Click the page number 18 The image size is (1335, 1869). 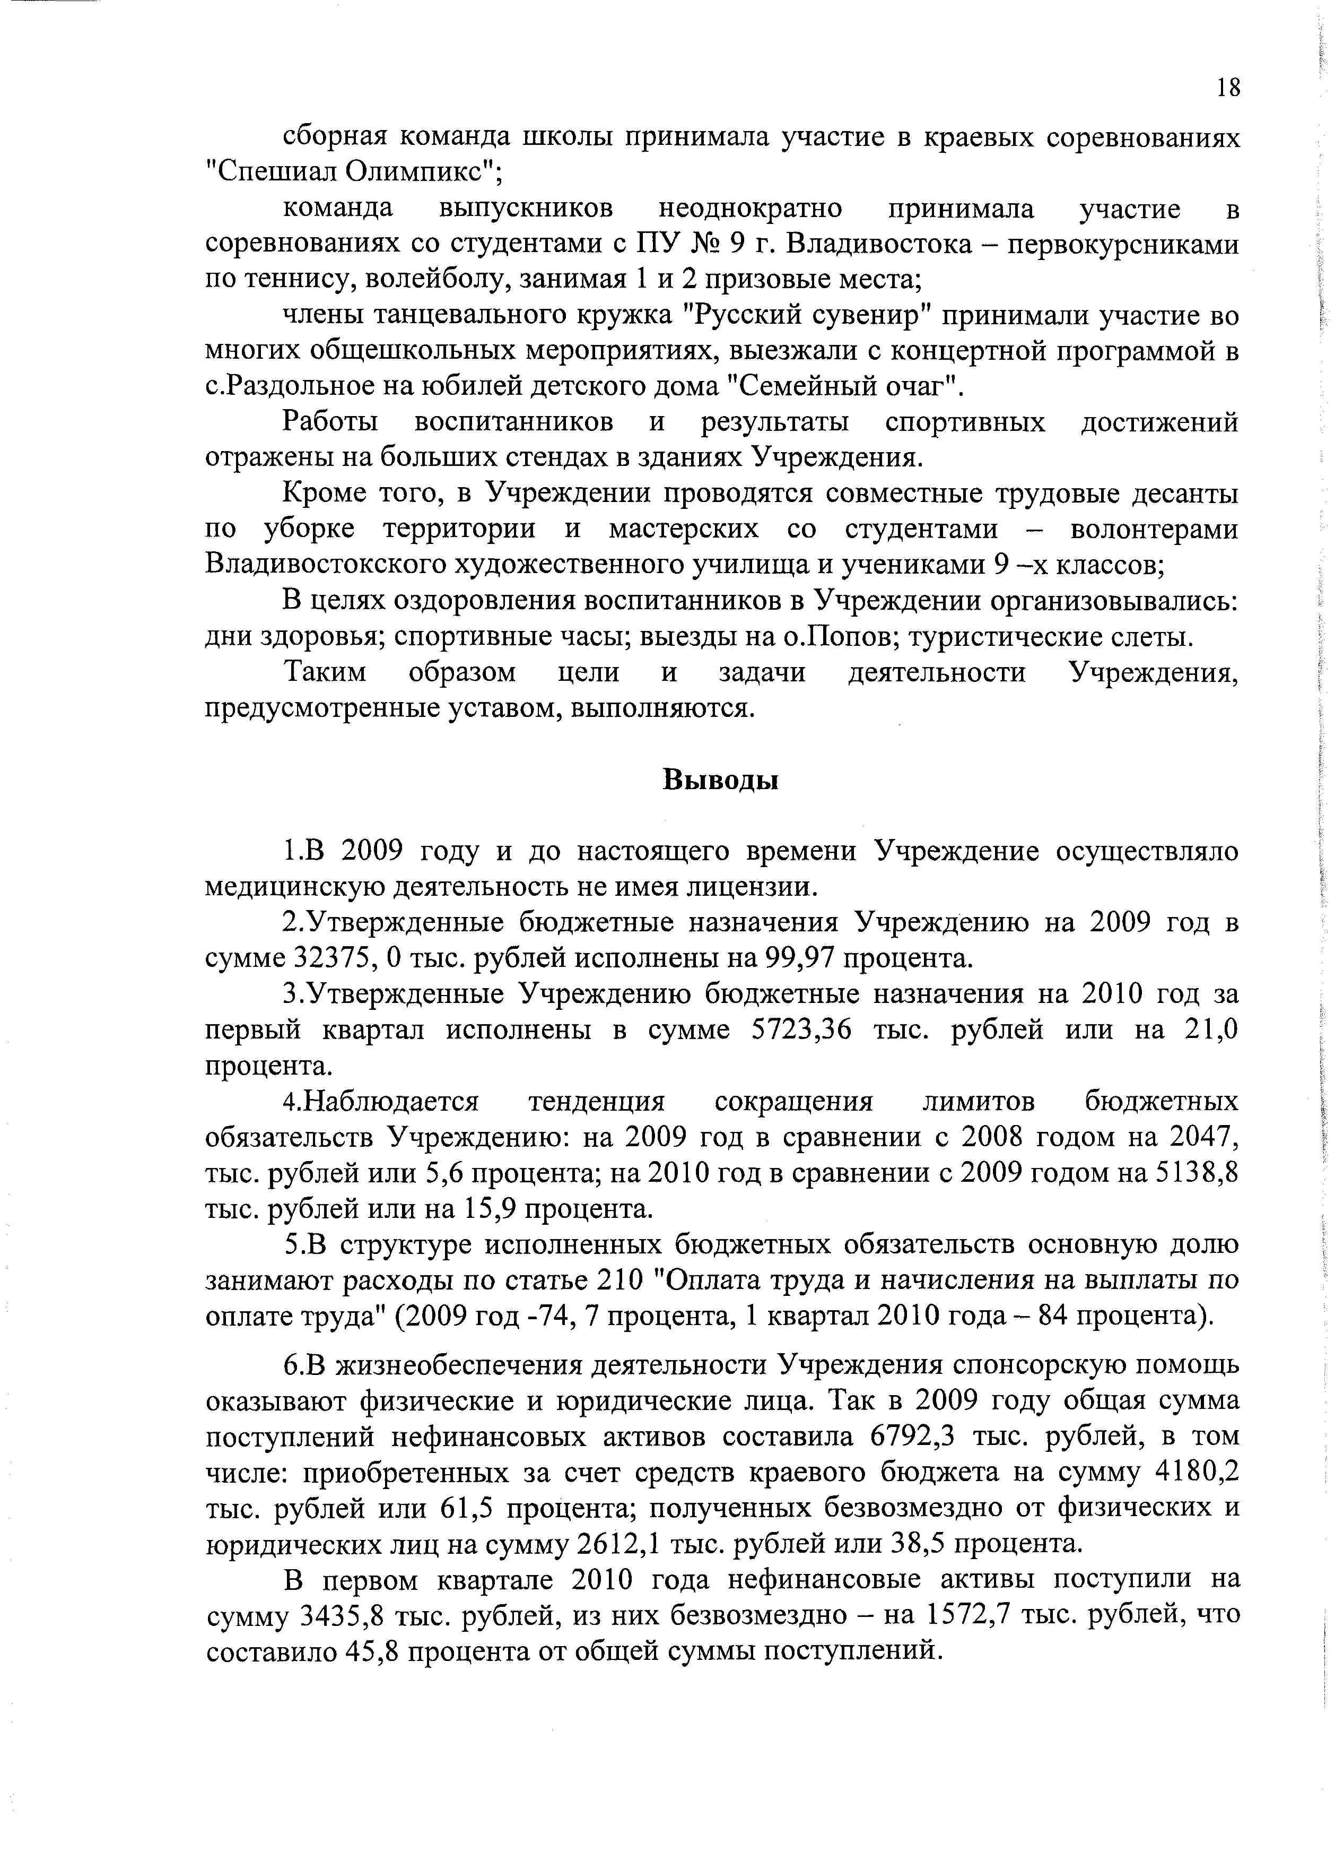(1226, 88)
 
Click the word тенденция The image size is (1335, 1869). (596, 1102)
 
